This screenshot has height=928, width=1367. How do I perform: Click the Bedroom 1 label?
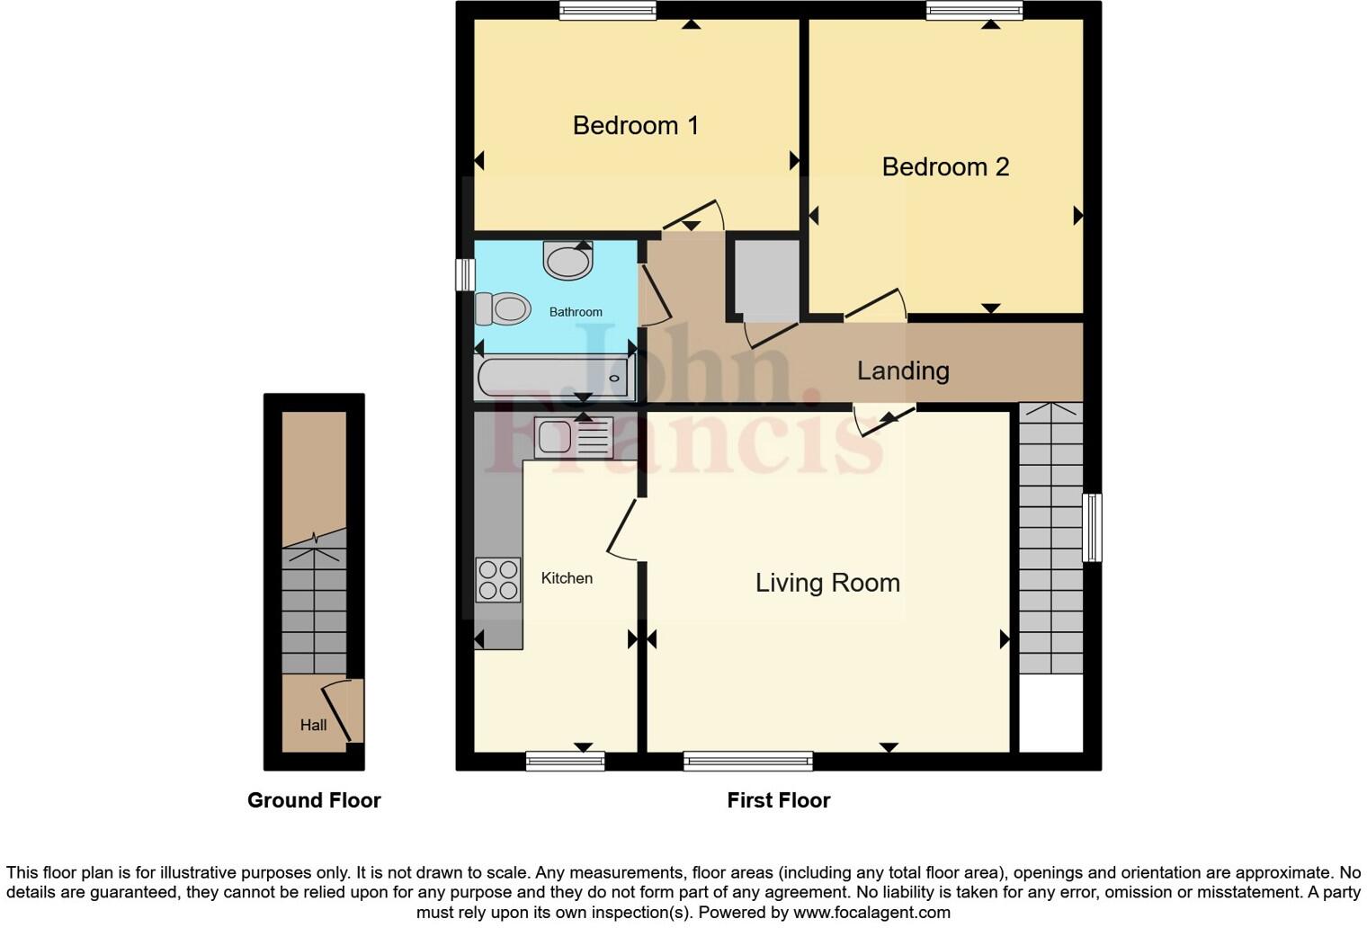tap(635, 125)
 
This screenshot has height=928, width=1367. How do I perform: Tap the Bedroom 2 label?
tap(945, 166)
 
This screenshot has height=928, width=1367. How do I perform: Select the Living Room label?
tap(827, 583)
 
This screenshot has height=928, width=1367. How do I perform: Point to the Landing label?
tap(903, 370)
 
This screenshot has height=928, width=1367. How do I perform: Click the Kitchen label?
tap(567, 578)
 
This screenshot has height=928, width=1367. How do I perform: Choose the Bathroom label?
tap(576, 312)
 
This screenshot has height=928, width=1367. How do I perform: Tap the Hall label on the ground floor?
tap(313, 725)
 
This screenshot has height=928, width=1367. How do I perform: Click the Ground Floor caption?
tap(314, 800)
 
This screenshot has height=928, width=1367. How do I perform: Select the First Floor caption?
tap(778, 800)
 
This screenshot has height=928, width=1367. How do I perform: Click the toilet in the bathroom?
tap(502, 309)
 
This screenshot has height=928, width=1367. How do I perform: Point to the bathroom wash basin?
tap(568, 261)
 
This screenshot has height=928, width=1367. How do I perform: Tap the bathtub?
tap(555, 378)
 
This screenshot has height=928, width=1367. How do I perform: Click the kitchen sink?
tap(574, 438)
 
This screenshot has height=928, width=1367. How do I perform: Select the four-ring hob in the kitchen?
tap(498, 580)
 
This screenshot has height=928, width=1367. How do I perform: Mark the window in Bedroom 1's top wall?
tap(607, 11)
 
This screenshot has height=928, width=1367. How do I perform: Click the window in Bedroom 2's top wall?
tap(974, 11)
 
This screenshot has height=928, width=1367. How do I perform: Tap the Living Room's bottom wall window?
tap(747, 762)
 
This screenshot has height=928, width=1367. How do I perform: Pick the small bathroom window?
tap(464, 274)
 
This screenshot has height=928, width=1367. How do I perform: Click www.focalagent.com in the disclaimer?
tap(871, 913)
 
